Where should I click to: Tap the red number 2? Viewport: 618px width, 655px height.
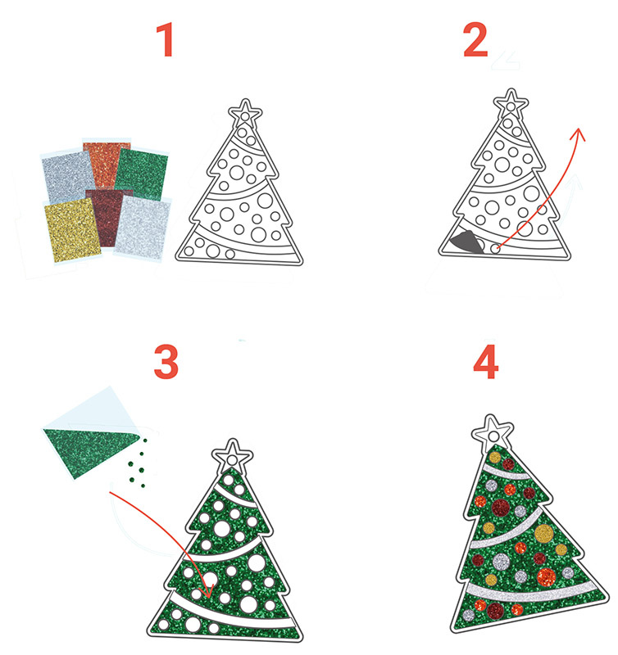475,39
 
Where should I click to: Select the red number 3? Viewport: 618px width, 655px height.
166,362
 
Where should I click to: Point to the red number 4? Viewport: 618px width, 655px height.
486,362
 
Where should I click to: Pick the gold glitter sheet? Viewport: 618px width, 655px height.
72,230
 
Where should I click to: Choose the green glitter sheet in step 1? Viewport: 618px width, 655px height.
142,174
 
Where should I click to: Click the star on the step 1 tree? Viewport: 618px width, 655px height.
245,112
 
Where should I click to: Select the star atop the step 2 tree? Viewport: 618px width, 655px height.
510,103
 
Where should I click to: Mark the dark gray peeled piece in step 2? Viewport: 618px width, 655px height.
466,242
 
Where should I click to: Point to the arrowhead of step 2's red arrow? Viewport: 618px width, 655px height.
579,133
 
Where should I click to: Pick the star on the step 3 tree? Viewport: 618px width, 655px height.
232,454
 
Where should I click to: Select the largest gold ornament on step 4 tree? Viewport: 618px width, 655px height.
543,535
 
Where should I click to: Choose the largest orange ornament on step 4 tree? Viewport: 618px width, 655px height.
546,577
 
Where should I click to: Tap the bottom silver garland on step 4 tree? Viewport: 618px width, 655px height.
531,592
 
